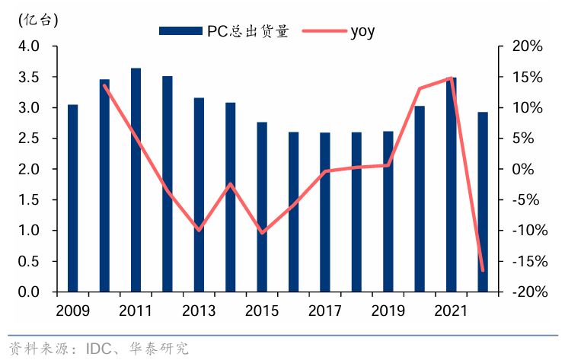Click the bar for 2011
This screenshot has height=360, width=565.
click(136, 180)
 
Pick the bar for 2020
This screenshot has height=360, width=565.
click(420, 199)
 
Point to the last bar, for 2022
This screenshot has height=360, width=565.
click(483, 202)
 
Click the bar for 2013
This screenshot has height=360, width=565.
click(199, 195)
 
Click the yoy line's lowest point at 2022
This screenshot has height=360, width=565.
click(483, 270)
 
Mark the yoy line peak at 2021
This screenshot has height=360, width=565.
click(452, 78)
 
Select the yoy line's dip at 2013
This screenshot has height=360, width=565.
click(199, 230)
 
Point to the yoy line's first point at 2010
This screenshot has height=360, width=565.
click(104, 85)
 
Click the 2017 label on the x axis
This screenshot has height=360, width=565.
click(325, 311)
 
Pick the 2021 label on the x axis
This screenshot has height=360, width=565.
click(452, 311)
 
